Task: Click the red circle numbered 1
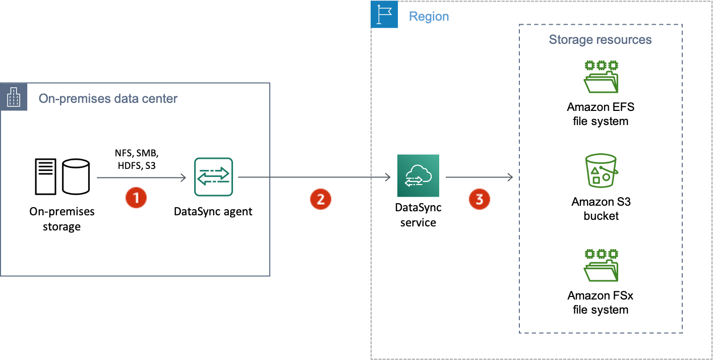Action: click(136, 198)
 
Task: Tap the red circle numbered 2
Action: click(320, 199)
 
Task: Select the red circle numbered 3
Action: click(479, 199)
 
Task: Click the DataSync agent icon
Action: click(214, 177)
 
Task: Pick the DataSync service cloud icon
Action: click(418, 176)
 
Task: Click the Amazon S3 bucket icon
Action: click(601, 173)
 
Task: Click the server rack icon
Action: click(46, 176)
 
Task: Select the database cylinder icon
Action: click(76, 176)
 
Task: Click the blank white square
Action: click(330, 162)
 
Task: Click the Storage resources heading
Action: click(600, 39)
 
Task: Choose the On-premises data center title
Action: click(108, 98)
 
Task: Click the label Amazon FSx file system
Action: click(600, 303)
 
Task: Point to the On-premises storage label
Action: click(62, 219)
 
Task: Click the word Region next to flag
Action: click(429, 16)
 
